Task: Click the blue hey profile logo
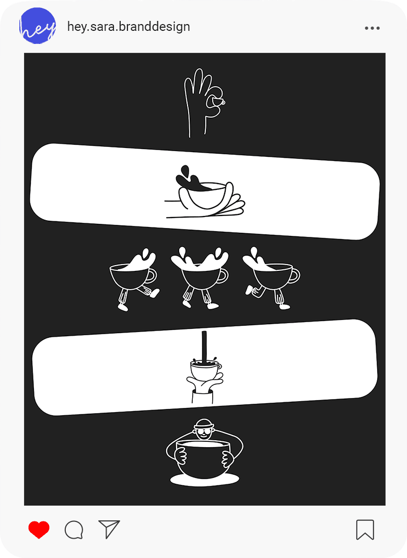click(38, 26)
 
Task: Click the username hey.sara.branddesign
click(129, 27)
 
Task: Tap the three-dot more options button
click(372, 28)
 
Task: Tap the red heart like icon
click(39, 529)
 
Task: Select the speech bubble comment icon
click(74, 530)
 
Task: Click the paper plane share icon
click(109, 529)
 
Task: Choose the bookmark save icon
click(365, 530)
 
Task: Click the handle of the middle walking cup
click(224, 276)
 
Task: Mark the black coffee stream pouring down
click(204, 346)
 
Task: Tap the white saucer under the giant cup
click(205, 480)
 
